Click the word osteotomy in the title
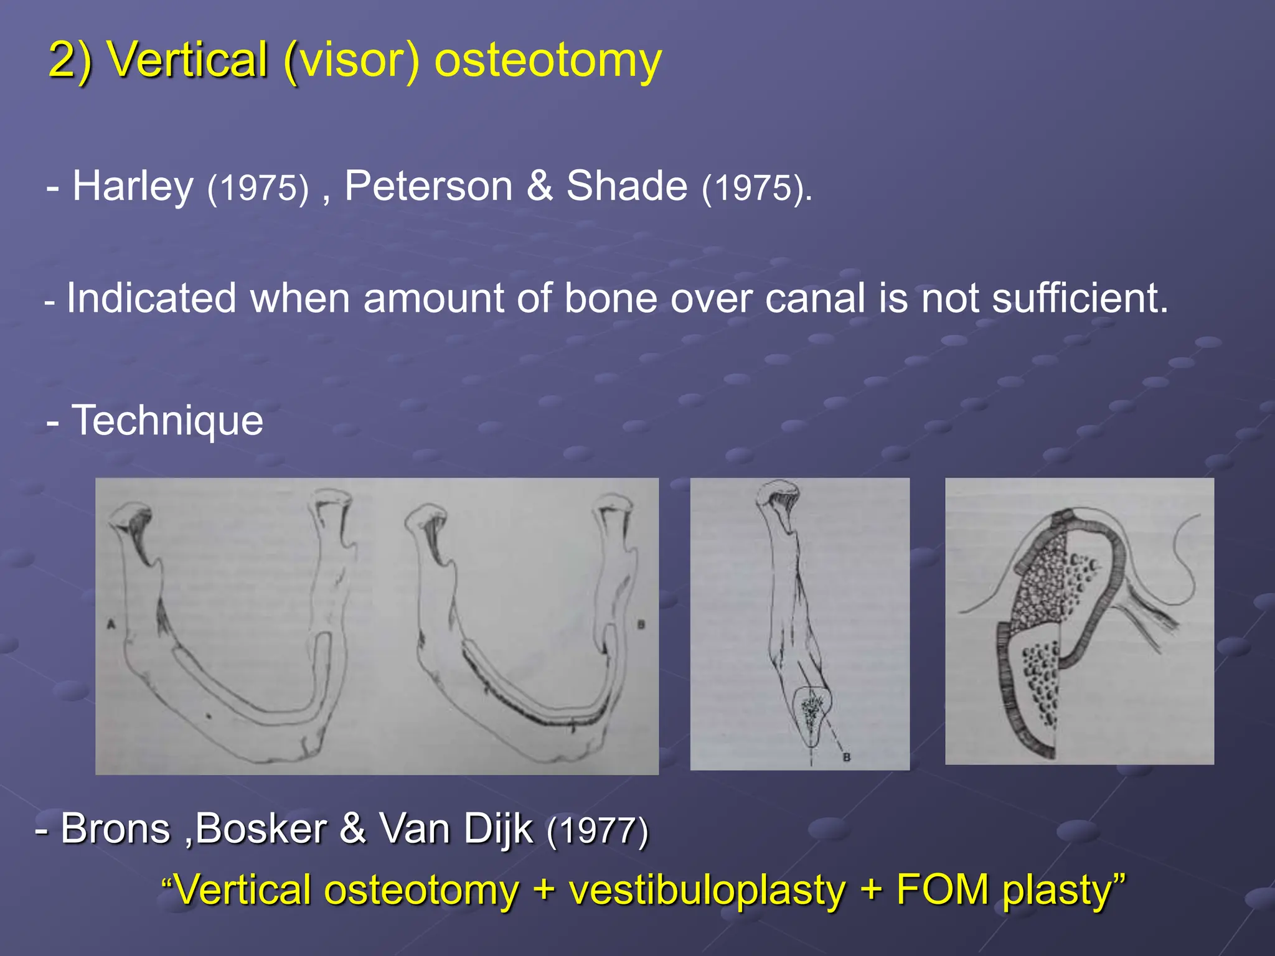(547, 60)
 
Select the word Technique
(167, 420)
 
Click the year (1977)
(597, 831)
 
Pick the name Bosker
(261, 829)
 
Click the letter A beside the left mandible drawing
(111, 624)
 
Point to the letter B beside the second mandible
(641, 625)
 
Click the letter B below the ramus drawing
(846, 757)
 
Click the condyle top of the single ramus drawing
(778, 492)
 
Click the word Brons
(115, 829)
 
